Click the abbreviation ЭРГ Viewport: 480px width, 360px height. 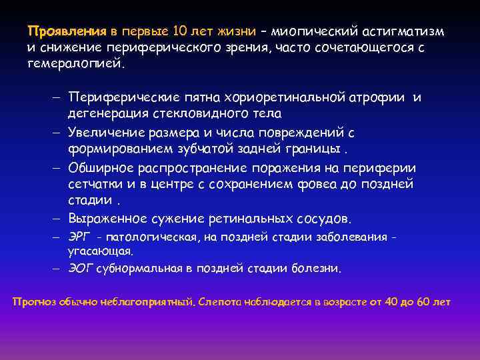coord(79,237)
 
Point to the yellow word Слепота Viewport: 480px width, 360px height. coord(221,301)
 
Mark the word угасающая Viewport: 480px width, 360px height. coord(100,251)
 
